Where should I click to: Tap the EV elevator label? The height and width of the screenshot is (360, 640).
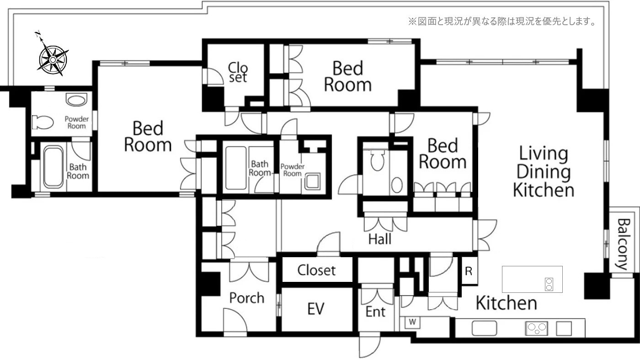coord(316,309)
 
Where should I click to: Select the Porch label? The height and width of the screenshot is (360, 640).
coord(247,298)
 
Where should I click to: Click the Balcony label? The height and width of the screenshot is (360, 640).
coord(624,244)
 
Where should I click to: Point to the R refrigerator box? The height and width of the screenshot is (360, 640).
coord(469,271)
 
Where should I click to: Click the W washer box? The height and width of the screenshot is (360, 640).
coord(412,323)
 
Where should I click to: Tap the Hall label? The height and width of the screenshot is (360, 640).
coord(380,239)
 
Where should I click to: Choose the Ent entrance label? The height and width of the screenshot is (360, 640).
coord(375,312)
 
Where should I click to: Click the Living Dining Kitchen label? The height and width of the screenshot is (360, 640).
coord(544,172)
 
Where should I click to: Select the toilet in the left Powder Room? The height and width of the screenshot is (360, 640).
coord(42,122)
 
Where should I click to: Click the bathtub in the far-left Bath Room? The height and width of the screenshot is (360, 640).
coord(53,167)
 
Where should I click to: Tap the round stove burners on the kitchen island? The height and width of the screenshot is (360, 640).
coord(549,284)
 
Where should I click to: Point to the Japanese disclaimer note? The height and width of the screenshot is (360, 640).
coord(502,21)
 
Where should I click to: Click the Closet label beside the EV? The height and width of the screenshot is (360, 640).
coord(316,270)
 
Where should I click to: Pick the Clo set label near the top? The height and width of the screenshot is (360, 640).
coord(238,72)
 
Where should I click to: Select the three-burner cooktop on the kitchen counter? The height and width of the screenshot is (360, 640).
coord(537,328)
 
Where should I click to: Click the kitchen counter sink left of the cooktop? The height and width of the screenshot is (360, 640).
coord(484,328)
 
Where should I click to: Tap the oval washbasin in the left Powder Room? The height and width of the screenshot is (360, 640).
coord(77,100)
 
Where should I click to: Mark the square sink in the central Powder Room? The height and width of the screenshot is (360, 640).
coord(312,181)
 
